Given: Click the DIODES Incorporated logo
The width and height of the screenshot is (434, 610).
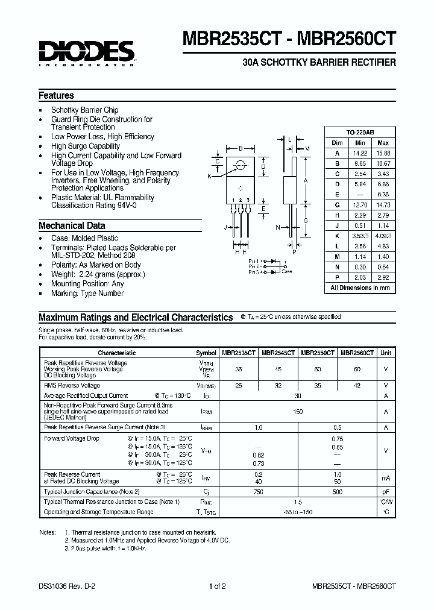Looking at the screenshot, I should (87, 53).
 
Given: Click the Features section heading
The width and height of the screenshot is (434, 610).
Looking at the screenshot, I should (56, 95).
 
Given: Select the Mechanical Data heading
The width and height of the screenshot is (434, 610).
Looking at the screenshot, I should (72, 225).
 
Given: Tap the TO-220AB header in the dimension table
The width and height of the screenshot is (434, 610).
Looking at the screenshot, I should (360, 132).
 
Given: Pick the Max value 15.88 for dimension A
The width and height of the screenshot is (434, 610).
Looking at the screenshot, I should (383, 153).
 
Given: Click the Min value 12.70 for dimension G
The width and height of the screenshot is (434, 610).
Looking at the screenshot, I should (360, 206).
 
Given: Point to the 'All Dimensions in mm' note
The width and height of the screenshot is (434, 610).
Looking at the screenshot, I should (360, 288).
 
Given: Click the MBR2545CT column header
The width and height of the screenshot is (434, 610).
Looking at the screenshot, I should (278, 353).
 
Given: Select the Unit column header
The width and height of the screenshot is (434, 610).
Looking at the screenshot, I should (386, 353).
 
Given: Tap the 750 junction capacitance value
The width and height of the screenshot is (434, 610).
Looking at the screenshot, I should (258, 492).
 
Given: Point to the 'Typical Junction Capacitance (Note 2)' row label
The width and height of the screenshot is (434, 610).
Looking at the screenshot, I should (92, 492).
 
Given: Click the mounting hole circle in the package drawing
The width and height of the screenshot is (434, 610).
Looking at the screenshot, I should (241, 165).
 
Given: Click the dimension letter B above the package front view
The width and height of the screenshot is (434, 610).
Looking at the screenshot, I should (241, 148).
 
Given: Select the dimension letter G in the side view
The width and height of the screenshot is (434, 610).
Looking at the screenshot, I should (306, 221).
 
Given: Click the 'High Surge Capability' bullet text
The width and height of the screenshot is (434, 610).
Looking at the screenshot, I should (85, 146).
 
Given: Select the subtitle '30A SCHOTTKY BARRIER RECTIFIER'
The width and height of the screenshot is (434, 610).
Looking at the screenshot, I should (318, 62).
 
